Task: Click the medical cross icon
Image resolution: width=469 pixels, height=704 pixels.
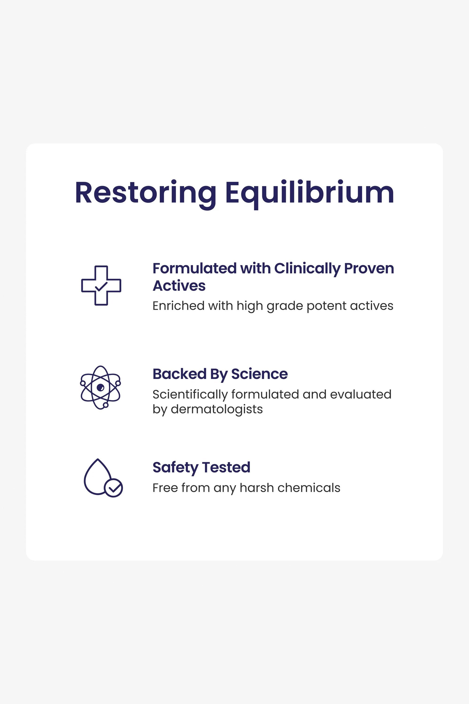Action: [101, 286]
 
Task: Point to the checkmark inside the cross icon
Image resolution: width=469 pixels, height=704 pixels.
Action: [101, 287]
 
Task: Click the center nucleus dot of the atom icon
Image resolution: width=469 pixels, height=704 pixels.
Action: [101, 388]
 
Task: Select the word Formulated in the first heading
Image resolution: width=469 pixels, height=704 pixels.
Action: [195, 268]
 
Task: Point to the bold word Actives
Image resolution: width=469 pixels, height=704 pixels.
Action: [179, 286]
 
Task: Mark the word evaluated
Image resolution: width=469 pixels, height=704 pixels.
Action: [361, 394]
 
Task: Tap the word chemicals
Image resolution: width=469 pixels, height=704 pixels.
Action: [309, 488]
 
